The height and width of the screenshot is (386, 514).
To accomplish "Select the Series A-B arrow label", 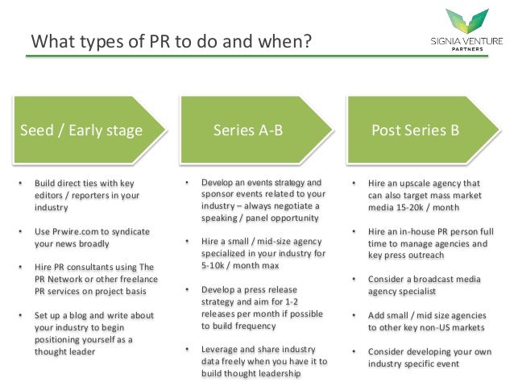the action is pyautogui.click(x=247, y=131).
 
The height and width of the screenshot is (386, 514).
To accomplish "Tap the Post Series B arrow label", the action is pyautogui.click(x=415, y=131).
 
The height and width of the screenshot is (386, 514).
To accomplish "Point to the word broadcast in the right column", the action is pyautogui.click(x=436, y=279).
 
